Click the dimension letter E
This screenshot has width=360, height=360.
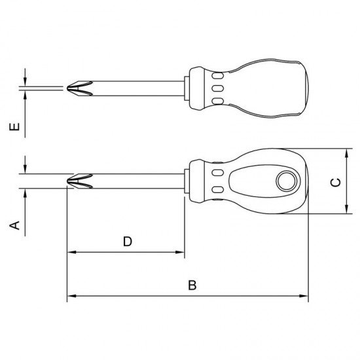coord(14,127)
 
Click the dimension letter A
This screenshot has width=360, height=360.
coord(14,225)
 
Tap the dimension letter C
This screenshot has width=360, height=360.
coord(335,183)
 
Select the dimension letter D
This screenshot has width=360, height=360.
coord(128,242)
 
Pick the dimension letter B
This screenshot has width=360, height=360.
coord(192,285)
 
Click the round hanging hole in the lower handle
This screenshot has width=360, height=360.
coord(286,181)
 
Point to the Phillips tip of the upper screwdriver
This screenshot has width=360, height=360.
coord(80,88)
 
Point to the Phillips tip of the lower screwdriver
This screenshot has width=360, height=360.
coord(80,181)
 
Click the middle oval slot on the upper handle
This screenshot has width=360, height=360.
coord(218,88)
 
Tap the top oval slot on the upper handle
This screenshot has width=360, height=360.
coord(218,76)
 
